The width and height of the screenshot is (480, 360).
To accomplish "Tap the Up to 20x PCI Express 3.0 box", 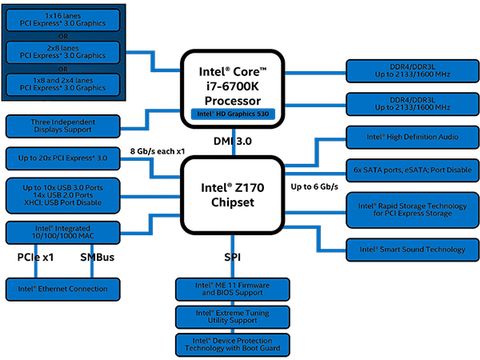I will (x=60, y=159).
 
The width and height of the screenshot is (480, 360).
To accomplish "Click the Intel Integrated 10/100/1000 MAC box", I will (x=60, y=233).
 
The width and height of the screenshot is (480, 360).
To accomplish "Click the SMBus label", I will (x=95, y=259).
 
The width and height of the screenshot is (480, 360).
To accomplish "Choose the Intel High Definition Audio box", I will (x=410, y=136).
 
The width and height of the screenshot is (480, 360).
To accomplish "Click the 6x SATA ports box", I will (x=410, y=169).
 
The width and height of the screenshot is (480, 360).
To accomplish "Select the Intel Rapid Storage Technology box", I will (x=410, y=207).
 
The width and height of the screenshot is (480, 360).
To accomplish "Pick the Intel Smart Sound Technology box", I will (x=410, y=247).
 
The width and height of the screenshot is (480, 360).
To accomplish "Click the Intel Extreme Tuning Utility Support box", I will (x=238, y=318).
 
